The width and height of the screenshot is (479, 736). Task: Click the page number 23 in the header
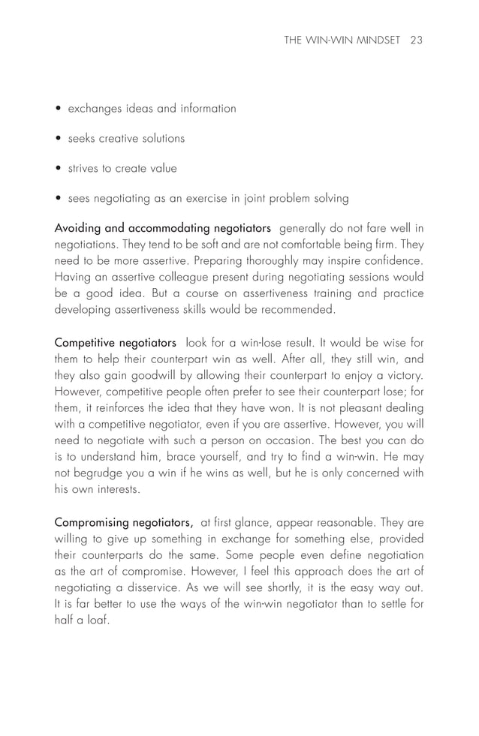[417, 41]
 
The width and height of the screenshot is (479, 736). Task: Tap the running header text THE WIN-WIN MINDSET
[344, 41]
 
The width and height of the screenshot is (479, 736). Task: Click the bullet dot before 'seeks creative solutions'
[59, 139]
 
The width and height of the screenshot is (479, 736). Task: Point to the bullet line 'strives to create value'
[122, 169]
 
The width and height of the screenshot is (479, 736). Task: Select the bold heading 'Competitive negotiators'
[116, 341]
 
